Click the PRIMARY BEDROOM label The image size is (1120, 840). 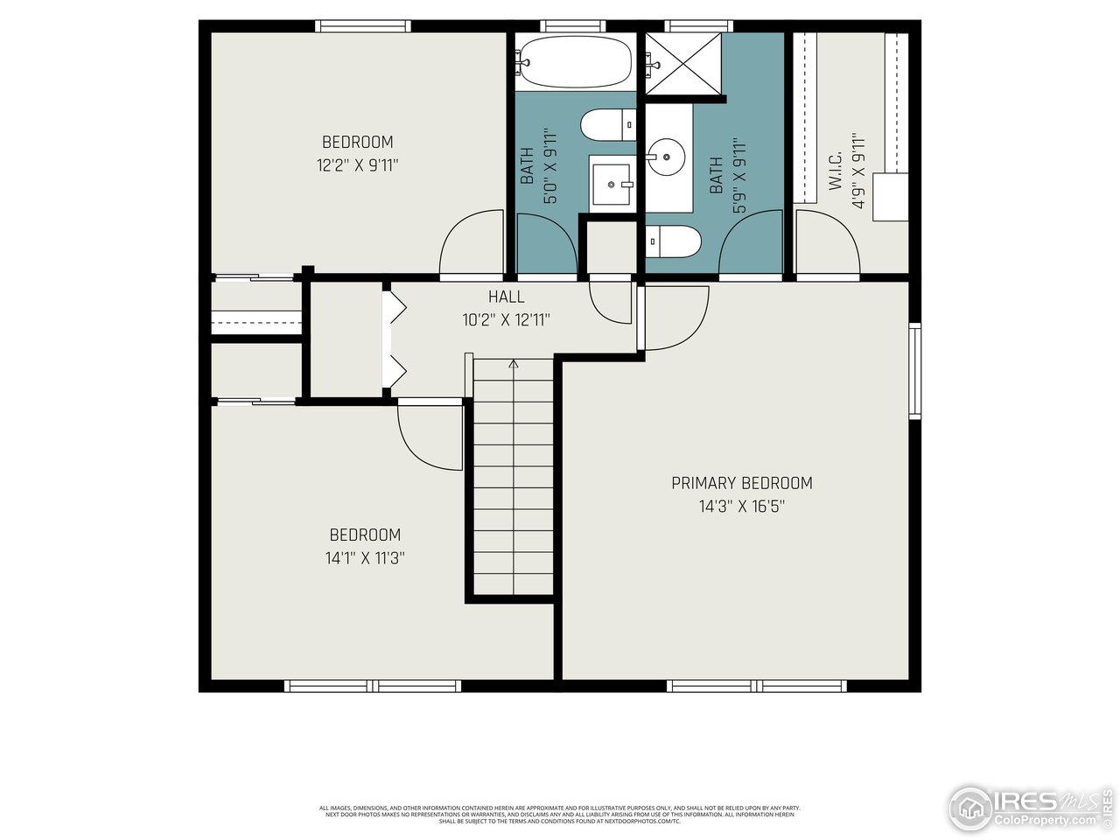pyautogui.click(x=741, y=483)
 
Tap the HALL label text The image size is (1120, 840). pyautogui.click(x=506, y=297)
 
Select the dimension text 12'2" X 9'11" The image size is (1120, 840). pyautogui.click(x=357, y=164)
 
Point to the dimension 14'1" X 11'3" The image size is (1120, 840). pyautogui.click(x=365, y=557)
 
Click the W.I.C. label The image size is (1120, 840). pyautogui.click(x=835, y=171)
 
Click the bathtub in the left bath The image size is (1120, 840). pyautogui.click(x=574, y=61)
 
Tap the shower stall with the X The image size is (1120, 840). pyautogui.click(x=684, y=61)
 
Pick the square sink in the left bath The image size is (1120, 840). pyautogui.click(x=612, y=184)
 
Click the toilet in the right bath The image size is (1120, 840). pyautogui.click(x=674, y=241)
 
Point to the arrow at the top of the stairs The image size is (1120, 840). pyautogui.click(x=514, y=364)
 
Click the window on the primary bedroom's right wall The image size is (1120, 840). pyautogui.click(x=914, y=370)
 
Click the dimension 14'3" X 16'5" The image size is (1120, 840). pyautogui.click(x=741, y=506)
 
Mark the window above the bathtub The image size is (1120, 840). pyautogui.click(x=573, y=26)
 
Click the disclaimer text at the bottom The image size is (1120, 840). pyautogui.click(x=560, y=815)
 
